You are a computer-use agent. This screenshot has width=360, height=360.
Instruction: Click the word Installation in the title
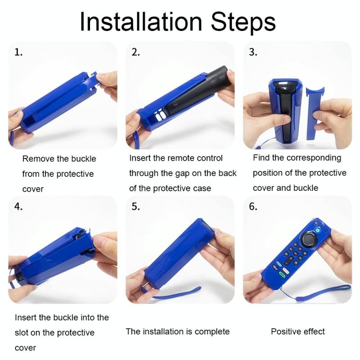pyautogui.click(x=141, y=22)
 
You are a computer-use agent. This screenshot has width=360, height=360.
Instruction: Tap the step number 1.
pyautogui.click(x=18, y=52)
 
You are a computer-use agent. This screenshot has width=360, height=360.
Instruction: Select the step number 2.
pyautogui.click(x=135, y=52)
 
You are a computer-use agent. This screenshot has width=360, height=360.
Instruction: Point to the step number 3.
pyautogui.click(x=253, y=52)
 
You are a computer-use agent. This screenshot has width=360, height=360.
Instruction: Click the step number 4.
pyautogui.click(x=18, y=207)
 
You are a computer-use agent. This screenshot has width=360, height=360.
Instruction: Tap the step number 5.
pyautogui.click(x=135, y=207)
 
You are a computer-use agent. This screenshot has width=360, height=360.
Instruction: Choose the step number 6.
pyautogui.click(x=253, y=207)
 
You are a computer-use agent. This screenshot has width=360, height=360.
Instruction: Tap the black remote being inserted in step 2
pyautogui.click(x=195, y=92)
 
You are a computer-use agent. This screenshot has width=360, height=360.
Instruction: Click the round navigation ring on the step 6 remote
pyautogui.click(x=309, y=239)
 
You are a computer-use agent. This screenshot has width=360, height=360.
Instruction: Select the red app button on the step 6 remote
pyautogui.click(x=285, y=270)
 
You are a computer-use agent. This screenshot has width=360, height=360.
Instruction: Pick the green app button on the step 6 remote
pyautogui.click(x=282, y=274)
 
